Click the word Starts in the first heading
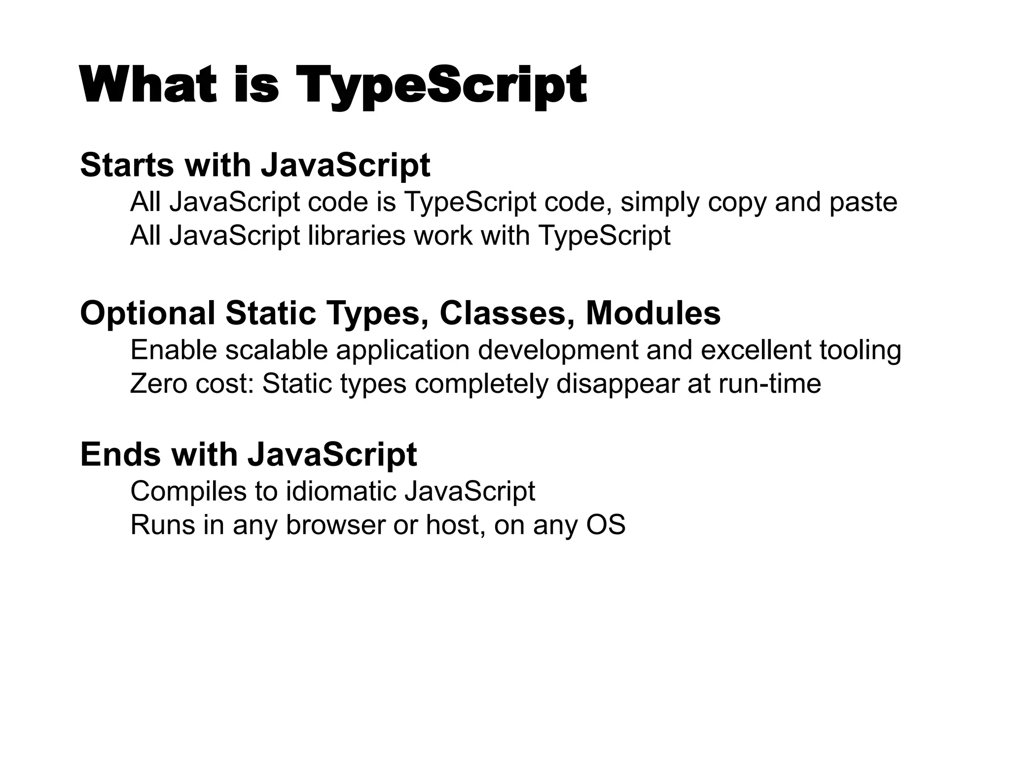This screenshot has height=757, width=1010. click(127, 165)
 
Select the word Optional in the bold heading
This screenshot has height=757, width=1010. click(147, 314)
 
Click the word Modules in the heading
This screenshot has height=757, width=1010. click(653, 313)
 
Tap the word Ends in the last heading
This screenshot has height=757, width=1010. click(120, 454)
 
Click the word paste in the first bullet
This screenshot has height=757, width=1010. click(863, 203)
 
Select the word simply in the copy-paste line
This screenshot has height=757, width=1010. click(659, 203)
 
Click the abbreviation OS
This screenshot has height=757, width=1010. click(606, 525)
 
